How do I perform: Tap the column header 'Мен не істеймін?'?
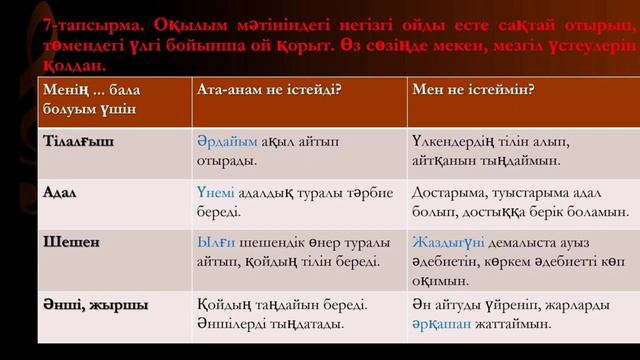pos(470,89)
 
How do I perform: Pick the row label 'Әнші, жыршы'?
pos(88,302)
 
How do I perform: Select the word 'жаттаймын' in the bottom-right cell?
pos(511,324)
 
